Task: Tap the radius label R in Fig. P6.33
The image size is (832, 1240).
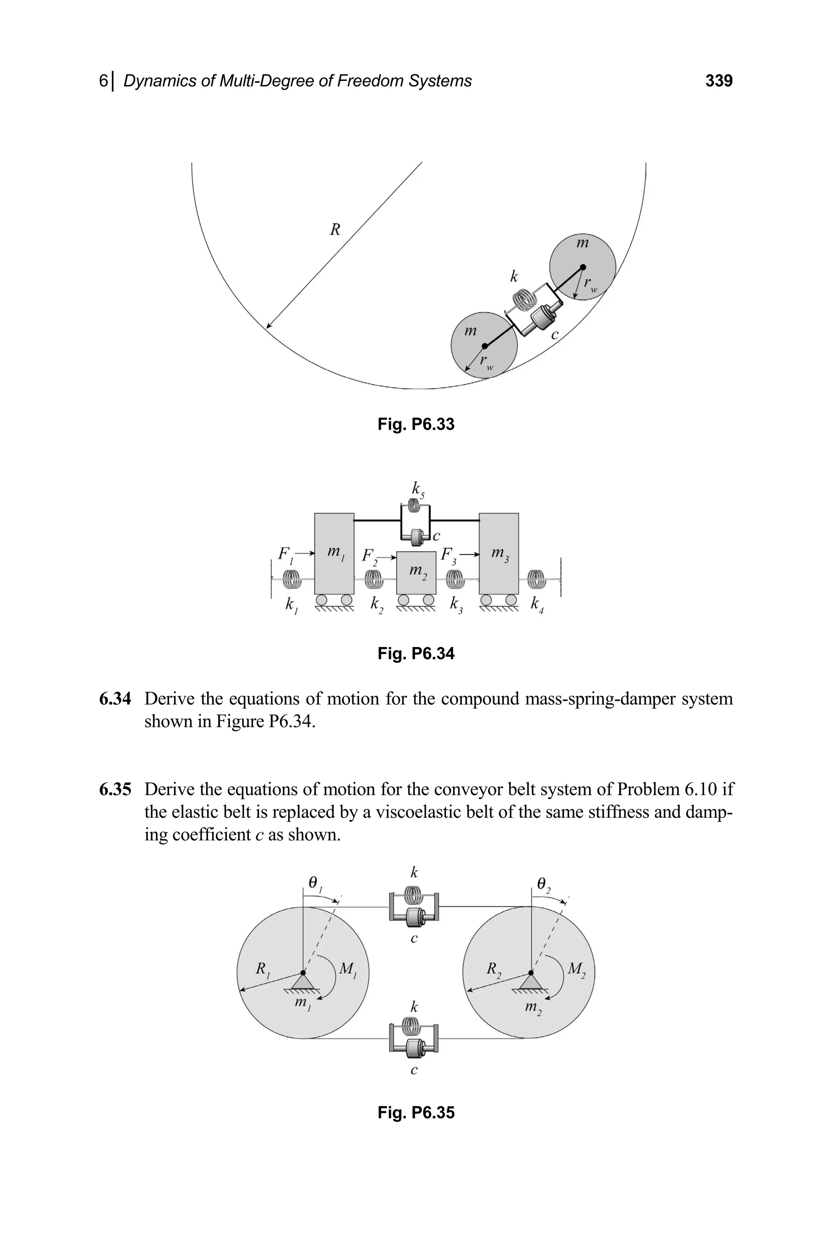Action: (335, 230)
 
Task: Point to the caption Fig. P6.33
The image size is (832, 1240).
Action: (416, 424)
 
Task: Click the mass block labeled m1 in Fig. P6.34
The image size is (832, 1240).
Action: (334, 554)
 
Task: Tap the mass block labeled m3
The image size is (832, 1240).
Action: (499, 554)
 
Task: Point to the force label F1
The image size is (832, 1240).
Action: (285, 554)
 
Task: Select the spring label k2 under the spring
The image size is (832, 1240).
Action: (376, 605)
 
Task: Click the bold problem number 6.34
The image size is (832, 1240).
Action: (115, 699)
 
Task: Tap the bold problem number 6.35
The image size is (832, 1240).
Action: (115, 789)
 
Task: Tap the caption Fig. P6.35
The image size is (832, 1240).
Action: (416, 1113)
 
